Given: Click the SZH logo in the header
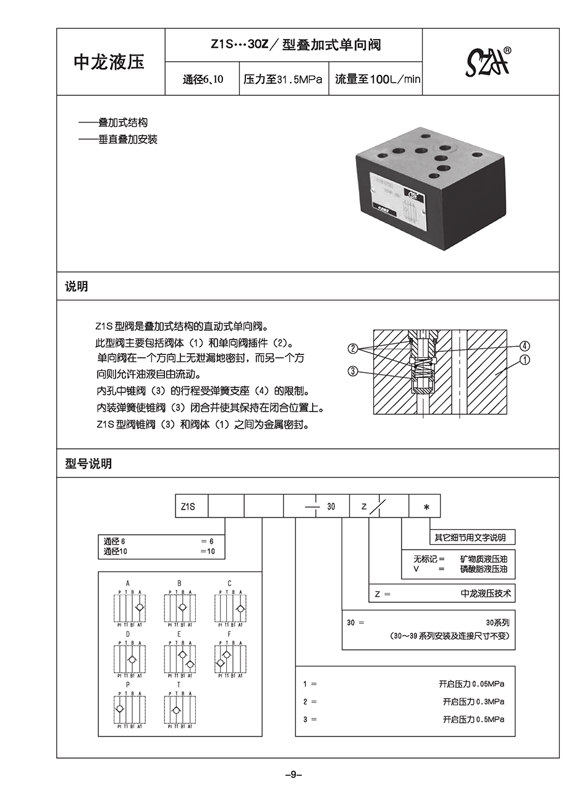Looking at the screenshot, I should point(488,62).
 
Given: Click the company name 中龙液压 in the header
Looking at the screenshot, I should point(109,62).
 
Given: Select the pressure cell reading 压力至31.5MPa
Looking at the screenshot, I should point(283,80).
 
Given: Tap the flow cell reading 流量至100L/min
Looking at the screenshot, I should point(377,80).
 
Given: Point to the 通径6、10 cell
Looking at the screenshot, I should point(203,80).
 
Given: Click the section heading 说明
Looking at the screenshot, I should point(77,287).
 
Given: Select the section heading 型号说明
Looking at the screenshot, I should point(88,464).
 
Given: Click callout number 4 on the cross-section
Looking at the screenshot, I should point(524,346).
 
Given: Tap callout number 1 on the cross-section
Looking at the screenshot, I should point(524,359).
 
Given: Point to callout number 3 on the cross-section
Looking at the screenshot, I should point(353,371).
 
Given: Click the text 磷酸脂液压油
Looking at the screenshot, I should point(483,569).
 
